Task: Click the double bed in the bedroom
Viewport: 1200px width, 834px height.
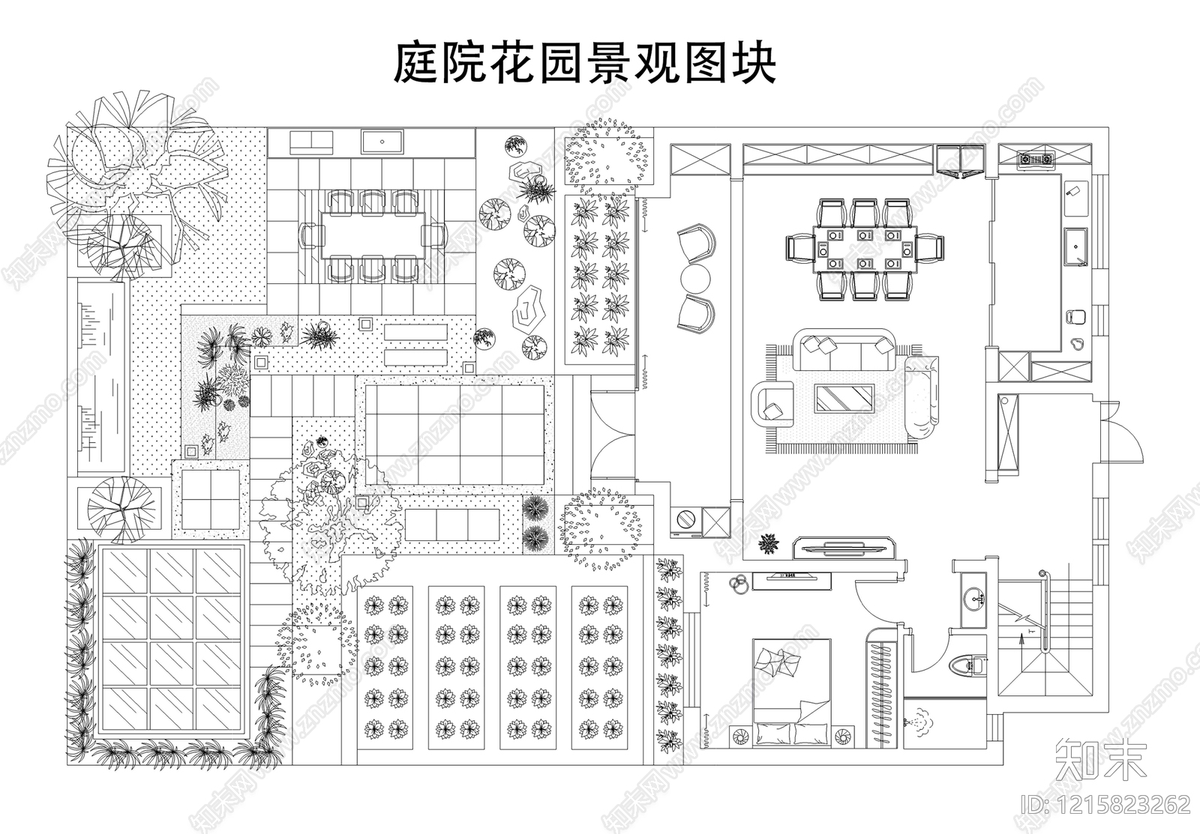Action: [792, 693]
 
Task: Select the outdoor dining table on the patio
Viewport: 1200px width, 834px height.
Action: [373, 235]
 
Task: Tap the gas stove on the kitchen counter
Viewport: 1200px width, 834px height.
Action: [1035, 158]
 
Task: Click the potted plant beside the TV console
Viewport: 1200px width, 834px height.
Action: [769, 543]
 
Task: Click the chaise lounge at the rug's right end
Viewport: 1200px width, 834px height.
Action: [922, 397]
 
